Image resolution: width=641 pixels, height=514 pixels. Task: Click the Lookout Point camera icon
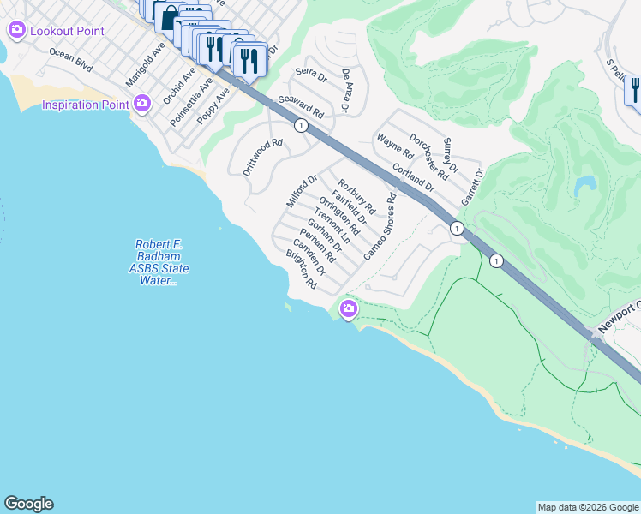click(x=16, y=31)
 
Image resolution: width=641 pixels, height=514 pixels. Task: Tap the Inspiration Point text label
click(x=87, y=105)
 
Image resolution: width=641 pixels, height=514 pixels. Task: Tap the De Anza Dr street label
click(x=346, y=91)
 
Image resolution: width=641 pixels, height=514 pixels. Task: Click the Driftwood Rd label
click(x=262, y=158)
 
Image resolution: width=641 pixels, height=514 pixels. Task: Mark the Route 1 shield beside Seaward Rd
click(x=301, y=126)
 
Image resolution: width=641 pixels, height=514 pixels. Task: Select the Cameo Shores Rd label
click(x=380, y=226)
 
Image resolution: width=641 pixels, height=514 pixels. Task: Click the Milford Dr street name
click(x=302, y=190)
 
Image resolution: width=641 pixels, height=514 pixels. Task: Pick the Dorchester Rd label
click(x=428, y=155)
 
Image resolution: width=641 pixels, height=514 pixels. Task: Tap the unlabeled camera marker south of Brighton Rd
click(x=348, y=308)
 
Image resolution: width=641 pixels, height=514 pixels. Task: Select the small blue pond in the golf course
click(x=585, y=184)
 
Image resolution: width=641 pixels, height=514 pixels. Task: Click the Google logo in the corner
click(x=28, y=504)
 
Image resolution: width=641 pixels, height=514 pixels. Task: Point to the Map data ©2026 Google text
click(x=587, y=507)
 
